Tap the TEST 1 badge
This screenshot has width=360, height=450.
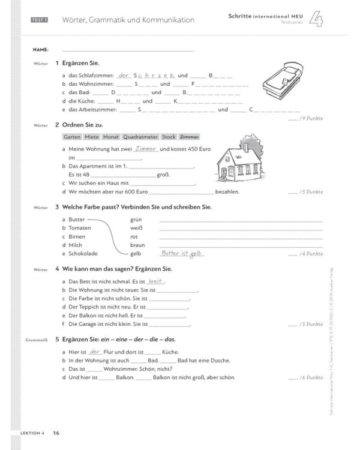pos(40,20)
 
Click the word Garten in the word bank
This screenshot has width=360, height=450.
pos(73,137)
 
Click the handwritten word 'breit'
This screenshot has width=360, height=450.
pos(156,281)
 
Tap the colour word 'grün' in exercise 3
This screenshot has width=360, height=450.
pos(136,220)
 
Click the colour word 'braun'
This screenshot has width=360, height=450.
pos(137,245)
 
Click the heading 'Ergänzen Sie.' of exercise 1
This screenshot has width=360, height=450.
pos(81,63)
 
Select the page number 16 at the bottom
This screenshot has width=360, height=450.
pos(56,433)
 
